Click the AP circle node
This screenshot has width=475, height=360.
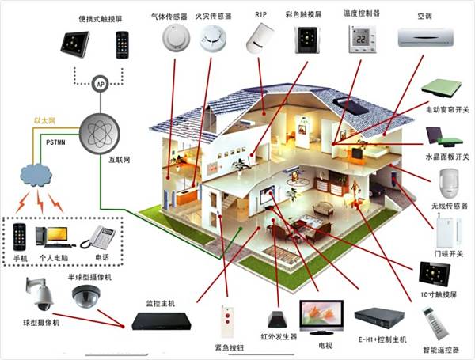101,84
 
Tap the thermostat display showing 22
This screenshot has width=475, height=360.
363,39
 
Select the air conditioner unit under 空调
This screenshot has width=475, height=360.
426,37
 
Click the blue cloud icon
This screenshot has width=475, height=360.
36,176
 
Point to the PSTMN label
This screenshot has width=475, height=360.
55,142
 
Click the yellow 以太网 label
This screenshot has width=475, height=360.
44,121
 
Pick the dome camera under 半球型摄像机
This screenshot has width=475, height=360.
86,295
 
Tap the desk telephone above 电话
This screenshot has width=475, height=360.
98,237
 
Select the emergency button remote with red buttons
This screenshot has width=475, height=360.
227,322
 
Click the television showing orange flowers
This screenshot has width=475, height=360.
321,317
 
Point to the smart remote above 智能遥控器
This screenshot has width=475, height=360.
436,324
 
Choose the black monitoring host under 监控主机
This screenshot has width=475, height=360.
161,321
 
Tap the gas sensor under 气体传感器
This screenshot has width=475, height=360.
176,38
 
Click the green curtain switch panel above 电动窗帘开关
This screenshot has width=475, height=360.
441,89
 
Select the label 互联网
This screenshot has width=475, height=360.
120,160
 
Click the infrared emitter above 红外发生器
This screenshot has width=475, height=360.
277,320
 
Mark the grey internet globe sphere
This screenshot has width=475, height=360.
100,134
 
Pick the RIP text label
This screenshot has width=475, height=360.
260,14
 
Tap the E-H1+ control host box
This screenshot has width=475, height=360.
379,318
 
